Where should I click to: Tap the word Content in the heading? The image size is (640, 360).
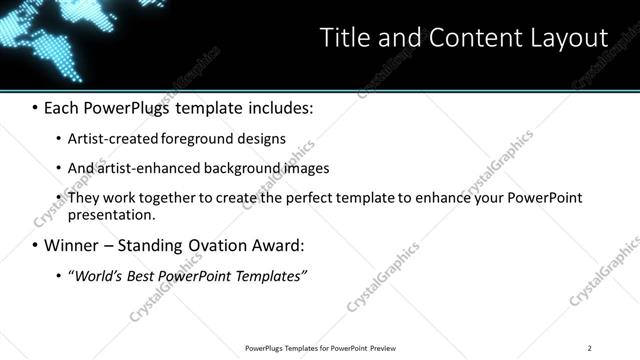click(x=471, y=38)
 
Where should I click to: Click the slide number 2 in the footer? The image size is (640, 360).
click(x=589, y=348)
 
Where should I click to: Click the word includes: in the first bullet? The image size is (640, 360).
click(x=274, y=106)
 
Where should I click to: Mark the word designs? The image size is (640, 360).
click(x=259, y=138)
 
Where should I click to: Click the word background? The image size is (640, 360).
click(x=238, y=168)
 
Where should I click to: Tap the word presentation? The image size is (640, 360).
click(x=110, y=214)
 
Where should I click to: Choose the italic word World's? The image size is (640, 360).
click(x=97, y=276)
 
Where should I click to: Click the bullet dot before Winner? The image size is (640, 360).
click(x=36, y=245)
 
